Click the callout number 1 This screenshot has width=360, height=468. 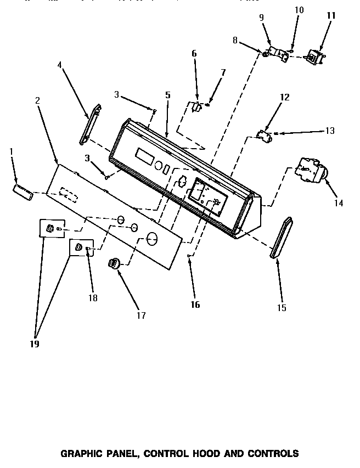[x=12, y=150]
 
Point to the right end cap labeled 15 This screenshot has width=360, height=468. [x=281, y=238]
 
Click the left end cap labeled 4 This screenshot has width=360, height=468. [x=89, y=125]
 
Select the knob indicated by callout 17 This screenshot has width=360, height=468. [x=114, y=263]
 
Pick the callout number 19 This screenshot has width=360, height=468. [x=35, y=344]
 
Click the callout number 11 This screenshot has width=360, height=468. [x=330, y=16]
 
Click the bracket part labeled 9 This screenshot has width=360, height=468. [x=279, y=53]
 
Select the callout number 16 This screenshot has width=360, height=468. [x=195, y=305]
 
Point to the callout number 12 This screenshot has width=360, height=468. [x=284, y=97]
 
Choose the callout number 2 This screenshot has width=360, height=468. [x=37, y=100]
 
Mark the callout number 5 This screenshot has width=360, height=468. [x=167, y=95]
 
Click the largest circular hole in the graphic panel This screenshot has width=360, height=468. [x=151, y=238]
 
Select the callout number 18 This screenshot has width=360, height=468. [x=92, y=298]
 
